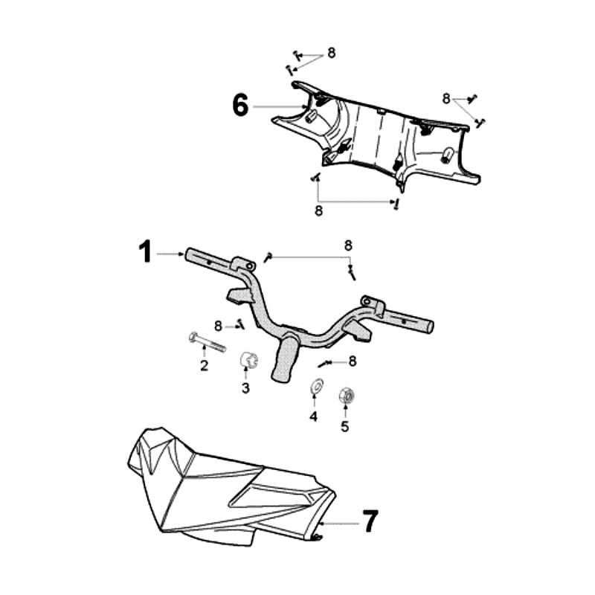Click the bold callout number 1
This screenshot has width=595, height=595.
(x=145, y=251)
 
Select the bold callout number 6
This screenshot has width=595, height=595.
(x=240, y=105)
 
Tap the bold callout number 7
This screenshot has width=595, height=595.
(x=370, y=521)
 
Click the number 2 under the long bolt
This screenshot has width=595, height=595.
(x=204, y=366)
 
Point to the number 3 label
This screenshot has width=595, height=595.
(x=245, y=388)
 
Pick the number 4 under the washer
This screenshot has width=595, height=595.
(x=313, y=416)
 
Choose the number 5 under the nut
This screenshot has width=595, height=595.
(x=344, y=426)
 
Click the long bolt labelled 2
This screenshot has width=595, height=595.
(x=207, y=342)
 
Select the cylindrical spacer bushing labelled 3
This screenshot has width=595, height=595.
(x=249, y=359)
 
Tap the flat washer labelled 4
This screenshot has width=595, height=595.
(x=316, y=386)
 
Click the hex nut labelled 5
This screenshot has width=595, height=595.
(x=347, y=396)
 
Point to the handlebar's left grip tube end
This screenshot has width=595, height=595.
(x=189, y=254)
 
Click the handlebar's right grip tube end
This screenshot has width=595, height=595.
(x=431, y=326)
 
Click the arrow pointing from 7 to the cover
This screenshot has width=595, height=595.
(x=338, y=524)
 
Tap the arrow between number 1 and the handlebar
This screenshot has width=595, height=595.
(x=170, y=254)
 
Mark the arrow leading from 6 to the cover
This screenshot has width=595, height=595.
(x=280, y=107)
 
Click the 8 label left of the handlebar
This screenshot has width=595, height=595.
(x=218, y=326)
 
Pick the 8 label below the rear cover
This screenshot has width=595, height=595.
(x=319, y=210)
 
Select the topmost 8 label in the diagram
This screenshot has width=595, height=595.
(x=332, y=53)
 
